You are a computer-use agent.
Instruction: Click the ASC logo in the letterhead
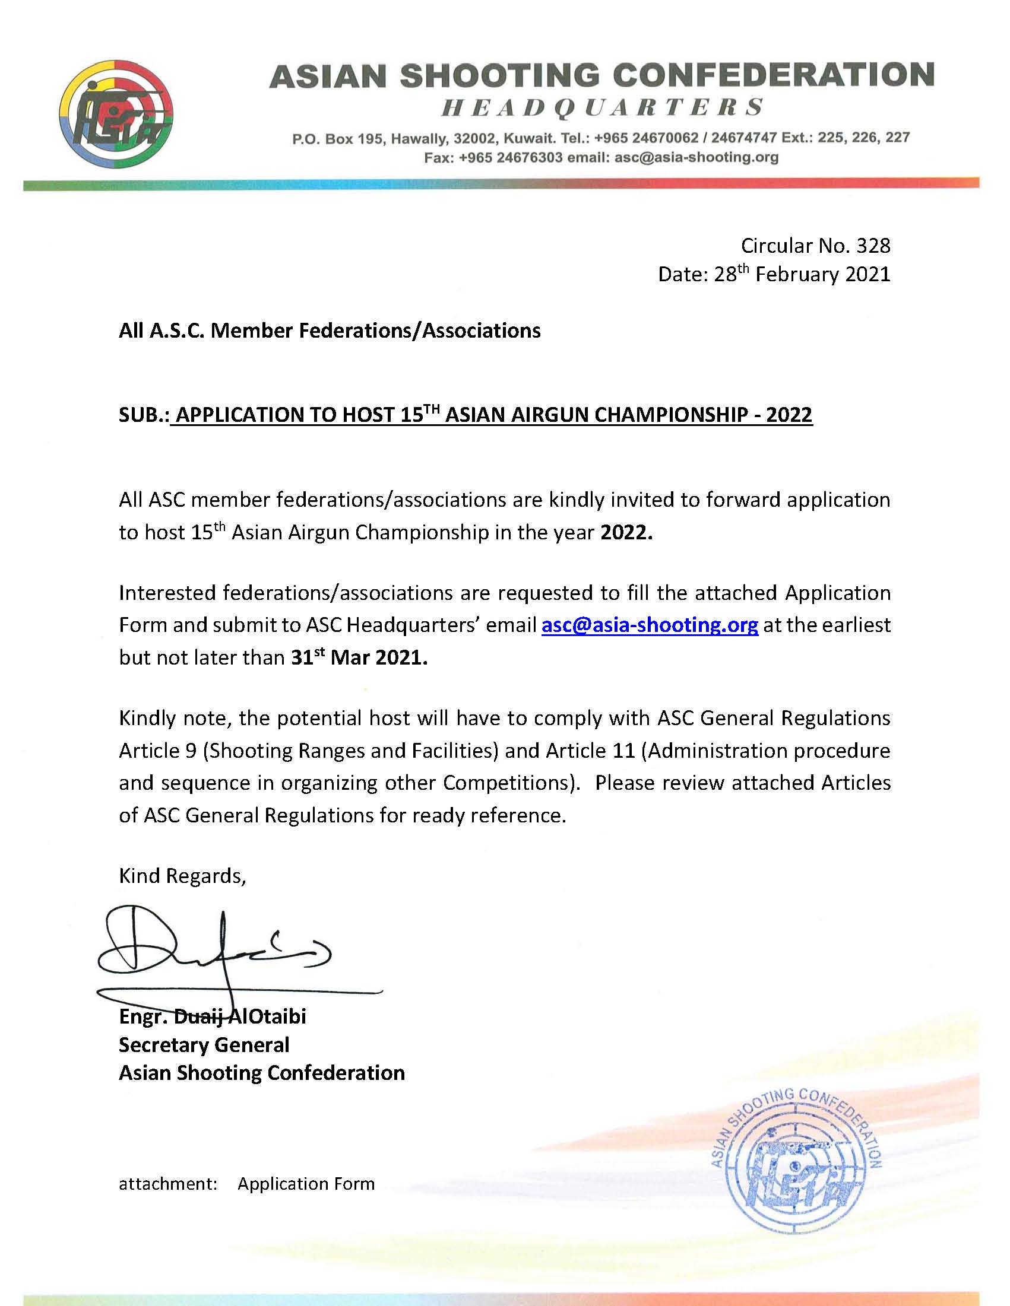click(x=118, y=114)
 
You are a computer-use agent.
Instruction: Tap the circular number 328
click(x=873, y=245)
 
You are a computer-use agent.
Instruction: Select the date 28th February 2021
click(x=802, y=275)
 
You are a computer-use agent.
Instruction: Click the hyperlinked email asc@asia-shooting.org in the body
click(x=649, y=625)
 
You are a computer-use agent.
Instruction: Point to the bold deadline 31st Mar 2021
click(x=359, y=658)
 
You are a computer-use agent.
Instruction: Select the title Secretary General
click(x=204, y=1045)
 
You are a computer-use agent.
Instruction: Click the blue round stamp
click(x=796, y=1159)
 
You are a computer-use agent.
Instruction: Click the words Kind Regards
click(x=182, y=876)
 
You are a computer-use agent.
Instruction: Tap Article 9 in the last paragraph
click(x=157, y=751)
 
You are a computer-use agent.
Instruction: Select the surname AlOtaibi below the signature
click(x=267, y=1016)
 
